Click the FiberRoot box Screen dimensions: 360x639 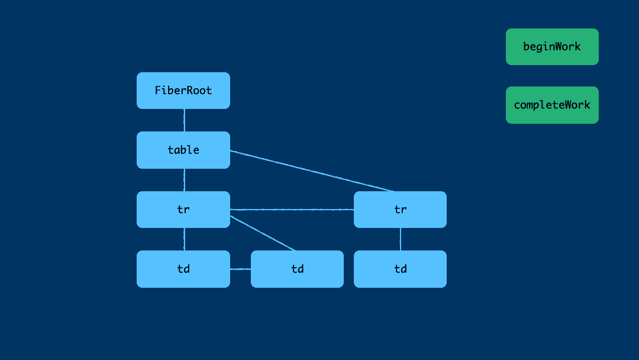tap(183, 91)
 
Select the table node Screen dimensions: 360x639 tap(183, 150)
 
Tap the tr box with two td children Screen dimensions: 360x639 tap(183, 210)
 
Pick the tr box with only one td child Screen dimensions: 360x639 tap(400, 210)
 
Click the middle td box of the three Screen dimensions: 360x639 tap(297, 269)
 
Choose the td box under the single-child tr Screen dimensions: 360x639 tap(400, 269)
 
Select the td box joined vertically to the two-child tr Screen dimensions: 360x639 tap(183, 269)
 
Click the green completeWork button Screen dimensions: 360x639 tap(552, 105)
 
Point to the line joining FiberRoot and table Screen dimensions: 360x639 tap(184, 120)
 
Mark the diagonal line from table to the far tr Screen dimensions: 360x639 tap(312, 171)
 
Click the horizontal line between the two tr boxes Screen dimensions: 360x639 tap(292, 210)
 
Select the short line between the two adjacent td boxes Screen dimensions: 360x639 tap(240, 269)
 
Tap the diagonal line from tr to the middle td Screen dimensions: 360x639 tap(263, 233)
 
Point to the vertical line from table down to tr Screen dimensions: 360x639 tap(184, 180)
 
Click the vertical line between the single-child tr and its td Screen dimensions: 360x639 tap(401, 239)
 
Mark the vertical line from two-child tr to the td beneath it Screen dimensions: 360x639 tap(184, 239)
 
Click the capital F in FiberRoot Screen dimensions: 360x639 tap(158, 91)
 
